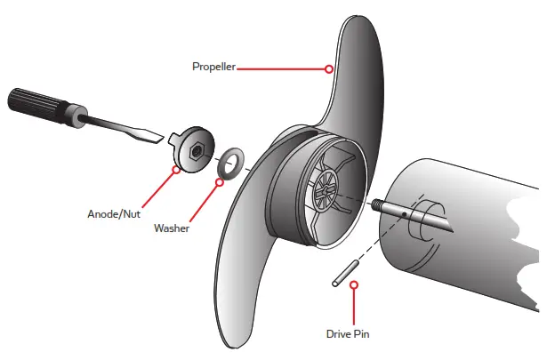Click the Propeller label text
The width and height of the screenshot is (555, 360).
point(213,67)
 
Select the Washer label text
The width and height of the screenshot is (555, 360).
point(172,228)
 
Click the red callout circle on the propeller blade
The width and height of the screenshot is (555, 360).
point(329,68)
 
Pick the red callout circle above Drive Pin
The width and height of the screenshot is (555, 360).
point(354,285)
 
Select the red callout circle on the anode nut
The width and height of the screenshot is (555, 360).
point(176,169)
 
